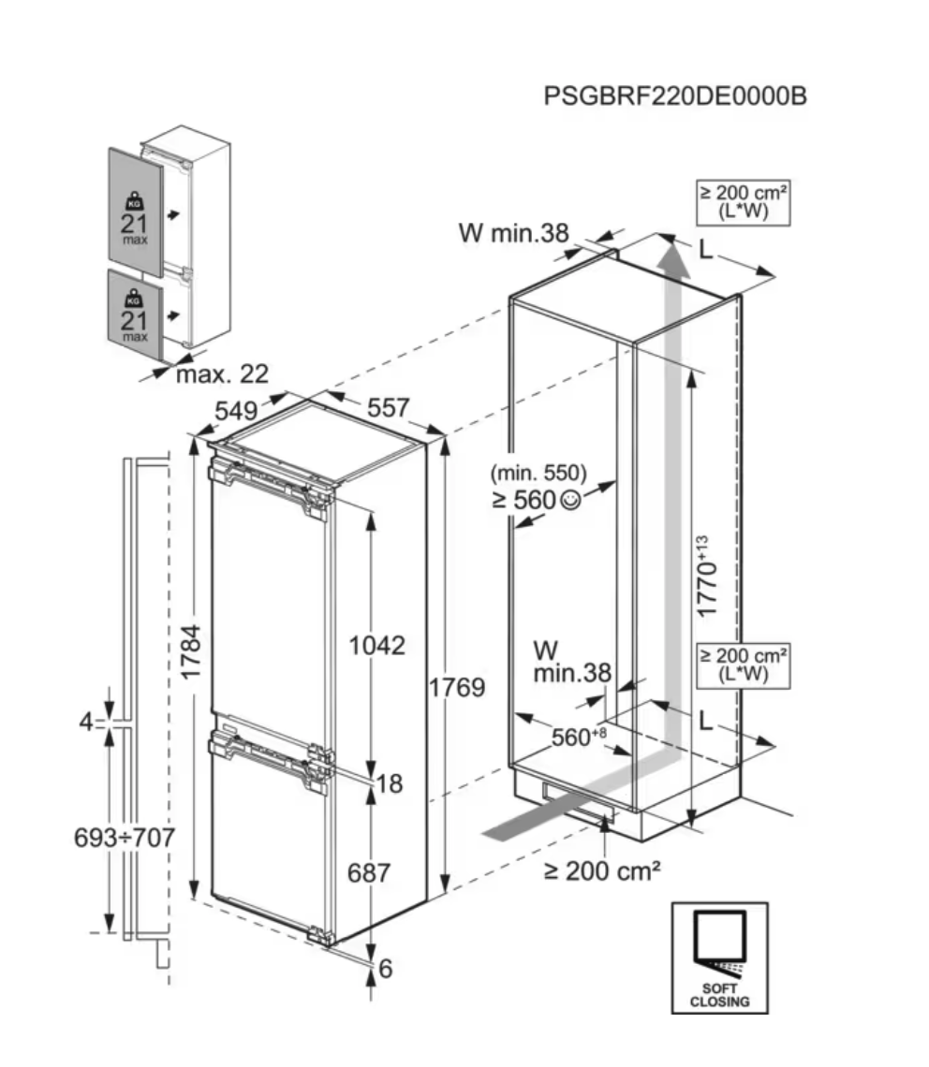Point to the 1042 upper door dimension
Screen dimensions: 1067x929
(376, 645)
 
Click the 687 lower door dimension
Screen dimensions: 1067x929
(369, 872)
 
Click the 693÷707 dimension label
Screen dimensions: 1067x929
(125, 838)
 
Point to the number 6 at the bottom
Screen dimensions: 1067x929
(385, 970)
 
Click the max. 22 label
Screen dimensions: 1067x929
(222, 374)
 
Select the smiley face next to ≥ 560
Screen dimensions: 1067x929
(570, 501)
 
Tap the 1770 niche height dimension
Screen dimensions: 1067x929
(709, 575)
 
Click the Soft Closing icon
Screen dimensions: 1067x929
(719, 957)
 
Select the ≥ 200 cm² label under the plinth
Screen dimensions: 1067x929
(602, 870)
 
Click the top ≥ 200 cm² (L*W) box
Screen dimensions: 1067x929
(743, 201)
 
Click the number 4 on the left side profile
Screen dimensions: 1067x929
(86, 723)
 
